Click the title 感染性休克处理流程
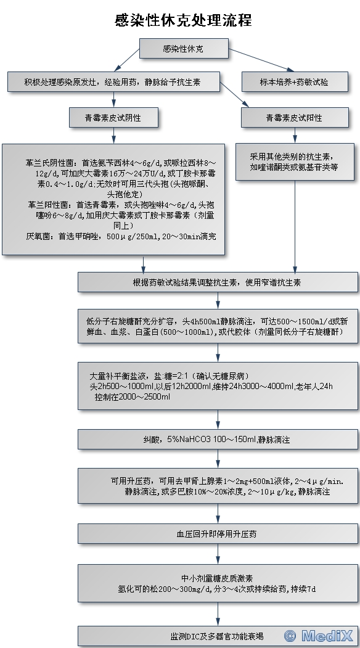(x=183, y=20)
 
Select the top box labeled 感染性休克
(x=184, y=48)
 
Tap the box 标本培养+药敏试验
(x=295, y=82)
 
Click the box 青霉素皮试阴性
(x=113, y=118)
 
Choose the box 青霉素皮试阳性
(x=295, y=118)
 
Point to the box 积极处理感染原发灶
(x=113, y=82)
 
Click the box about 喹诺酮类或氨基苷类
(x=295, y=162)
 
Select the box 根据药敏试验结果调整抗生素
(x=218, y=282)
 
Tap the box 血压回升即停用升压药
(x=218, y=534)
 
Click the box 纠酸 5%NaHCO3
(x=218, y=440)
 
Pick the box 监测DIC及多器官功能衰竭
(x=218, y=636)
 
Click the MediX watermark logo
(x=319, y=636)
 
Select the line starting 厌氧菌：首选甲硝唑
(x=121, y=237)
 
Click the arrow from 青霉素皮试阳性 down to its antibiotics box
(x=295, y=135)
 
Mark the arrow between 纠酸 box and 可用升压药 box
(x=218, y=459)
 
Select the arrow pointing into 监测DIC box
(x=218, y=614)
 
